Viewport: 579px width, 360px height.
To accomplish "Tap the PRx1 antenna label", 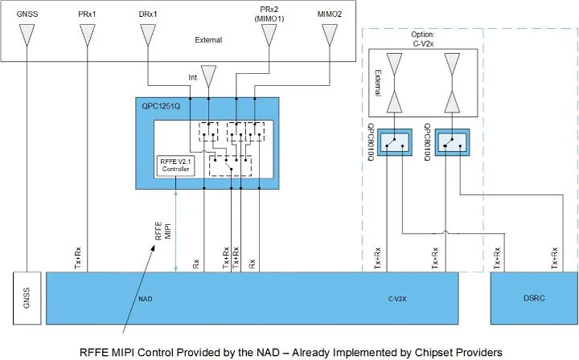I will tap(88, 14).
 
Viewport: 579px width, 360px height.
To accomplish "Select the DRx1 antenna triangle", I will tap(148, 35).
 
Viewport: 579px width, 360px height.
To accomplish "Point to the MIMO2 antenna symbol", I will tap(329, 35).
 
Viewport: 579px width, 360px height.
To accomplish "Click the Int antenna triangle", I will tap(209, 77).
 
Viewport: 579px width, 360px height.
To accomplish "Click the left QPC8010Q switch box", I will tap(393, 142).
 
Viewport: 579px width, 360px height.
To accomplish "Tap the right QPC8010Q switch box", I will tap(453, 142).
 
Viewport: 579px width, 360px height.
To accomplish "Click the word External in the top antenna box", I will tap(208, 39).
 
